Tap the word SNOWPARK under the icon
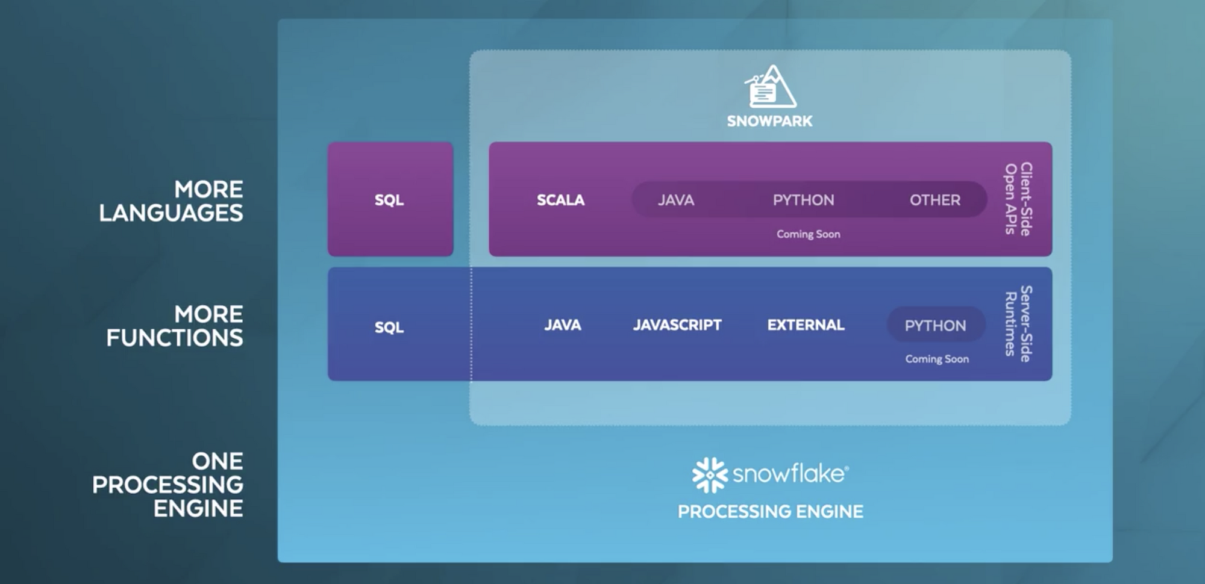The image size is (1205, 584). click(x=769, y=121)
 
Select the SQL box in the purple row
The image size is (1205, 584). click(x=390, y=199)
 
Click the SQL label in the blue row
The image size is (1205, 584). click(x=389, y=327)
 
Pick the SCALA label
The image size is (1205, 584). click(x=560, y=200)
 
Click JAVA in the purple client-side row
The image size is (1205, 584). click(x=676, y=200)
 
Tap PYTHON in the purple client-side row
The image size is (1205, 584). click(x=804, y=200)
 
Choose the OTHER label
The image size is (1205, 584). click(x=935, y=200)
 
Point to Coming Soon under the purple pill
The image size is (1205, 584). click(x=809, y=234)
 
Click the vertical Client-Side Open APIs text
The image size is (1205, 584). click(x=1018, y=199)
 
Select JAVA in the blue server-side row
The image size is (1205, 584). click(x=563, y=325)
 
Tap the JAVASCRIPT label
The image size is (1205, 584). click(x=677, y=325)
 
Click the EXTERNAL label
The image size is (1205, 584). click(x=806, y=325)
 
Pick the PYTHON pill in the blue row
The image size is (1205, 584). click(x=936, y=325)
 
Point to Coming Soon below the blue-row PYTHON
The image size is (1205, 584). click(x=937, y=359)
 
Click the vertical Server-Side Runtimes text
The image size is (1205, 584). click(x=1018, y=323)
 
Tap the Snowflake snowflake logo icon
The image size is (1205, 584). click(x=710, y=475)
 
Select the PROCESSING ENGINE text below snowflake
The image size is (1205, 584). click(x=771, y=512)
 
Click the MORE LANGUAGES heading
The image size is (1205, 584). click(x=171, y=201)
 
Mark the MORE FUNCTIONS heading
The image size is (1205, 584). click(x=175, y=326)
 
